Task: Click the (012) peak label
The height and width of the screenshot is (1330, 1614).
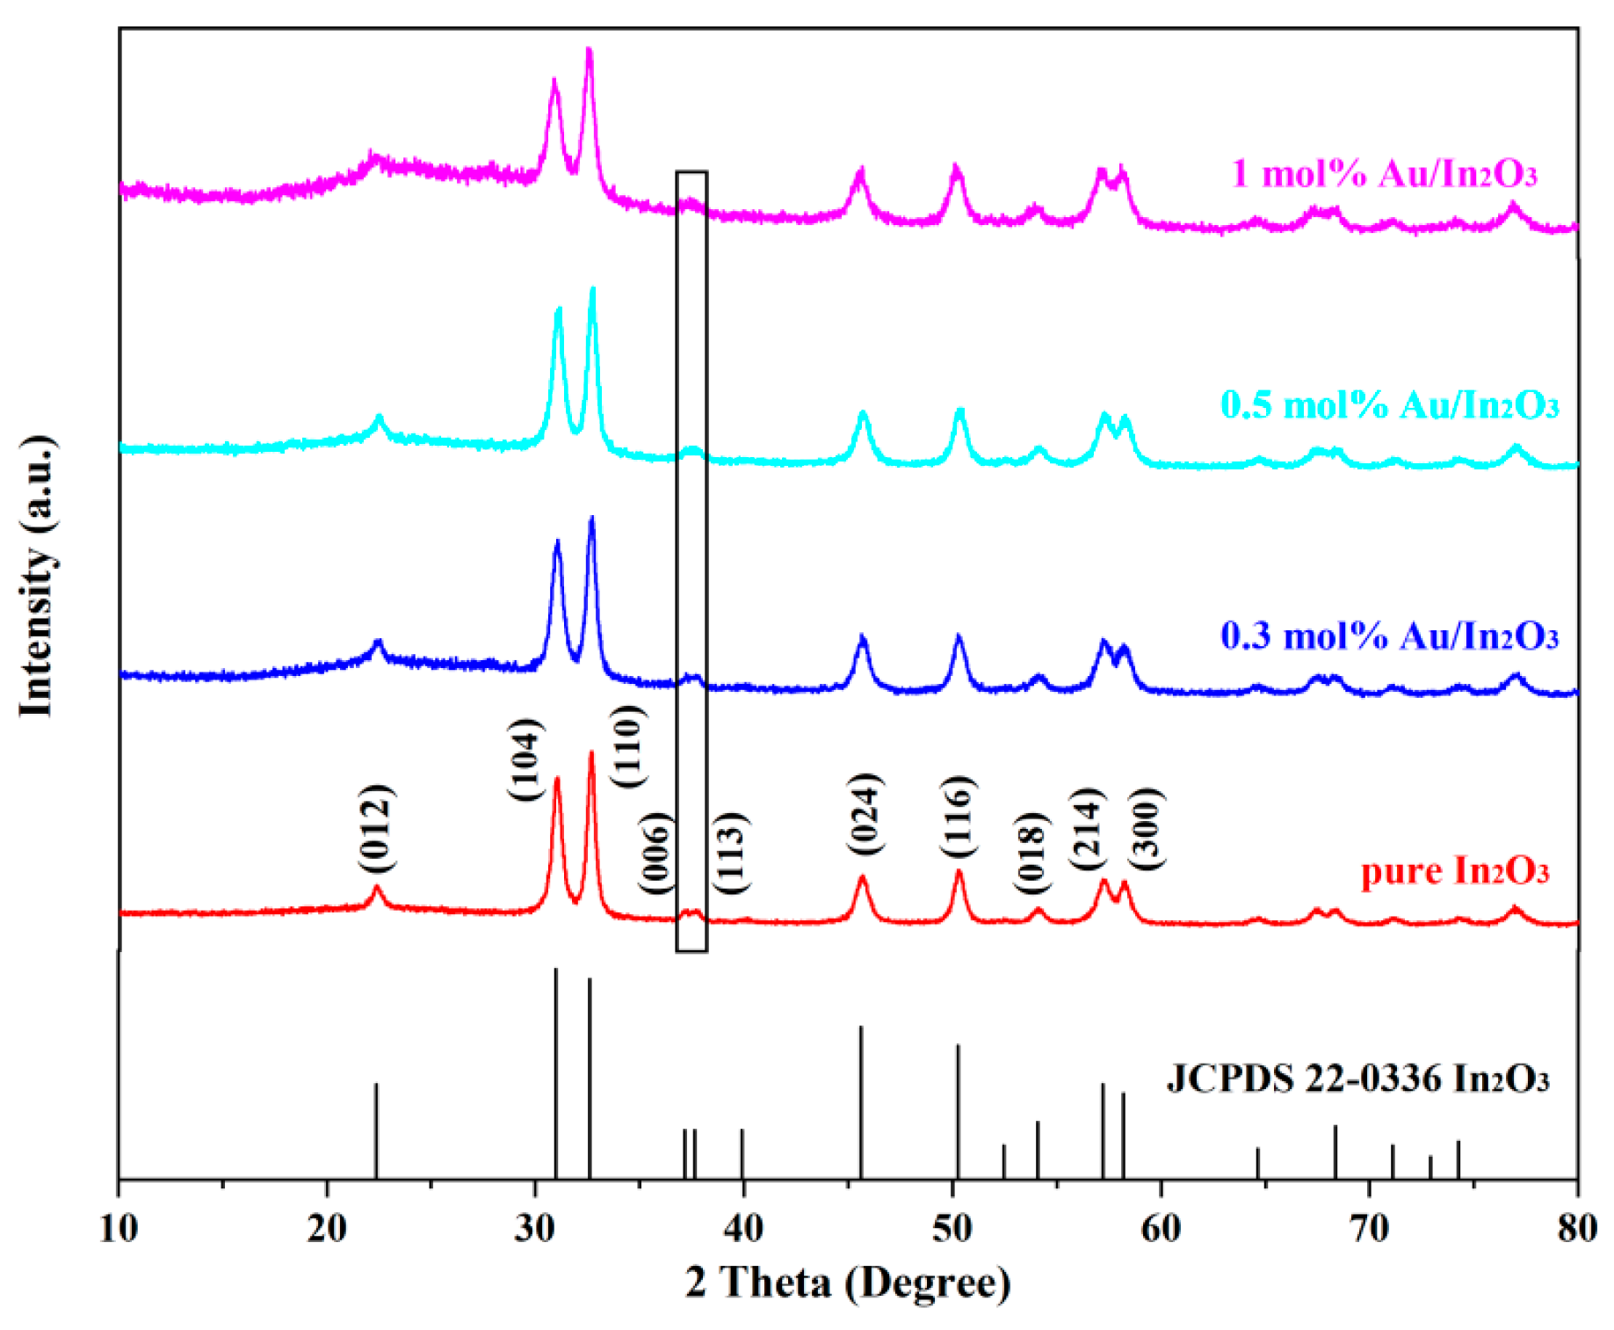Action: point(377,828)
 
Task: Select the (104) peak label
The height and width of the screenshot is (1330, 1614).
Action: point(525,759)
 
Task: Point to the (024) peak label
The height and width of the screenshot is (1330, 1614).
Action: point(865,813)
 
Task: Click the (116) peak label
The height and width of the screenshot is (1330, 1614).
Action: point(957,818)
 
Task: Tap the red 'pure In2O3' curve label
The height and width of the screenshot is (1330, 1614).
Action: point(1454,871)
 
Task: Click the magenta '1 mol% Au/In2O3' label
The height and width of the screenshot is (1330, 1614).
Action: point(1384,173)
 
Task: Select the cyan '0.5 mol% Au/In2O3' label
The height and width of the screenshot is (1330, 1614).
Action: point(1389,405)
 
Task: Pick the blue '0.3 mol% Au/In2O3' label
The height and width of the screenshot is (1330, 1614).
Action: point(1389,636)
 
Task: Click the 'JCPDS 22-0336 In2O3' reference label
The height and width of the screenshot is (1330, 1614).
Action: point(1357,1079)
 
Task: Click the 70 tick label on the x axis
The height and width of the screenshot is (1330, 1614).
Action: point(1369,1228)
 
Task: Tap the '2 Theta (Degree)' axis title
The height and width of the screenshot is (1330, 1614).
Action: point(848,1283)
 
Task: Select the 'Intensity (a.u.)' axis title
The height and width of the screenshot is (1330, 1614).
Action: point(37,576)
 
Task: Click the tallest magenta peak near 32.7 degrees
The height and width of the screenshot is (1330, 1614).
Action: point(589,53)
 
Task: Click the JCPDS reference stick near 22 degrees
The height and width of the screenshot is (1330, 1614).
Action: point(376,1130)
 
